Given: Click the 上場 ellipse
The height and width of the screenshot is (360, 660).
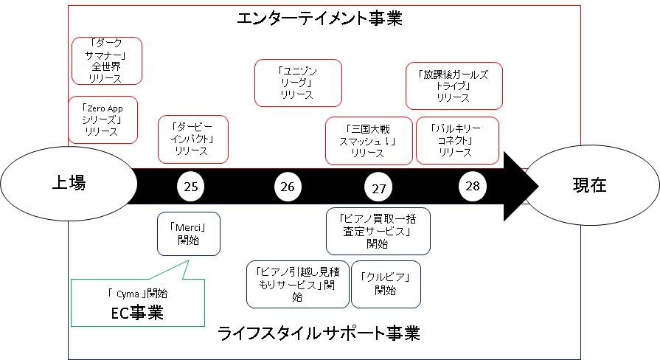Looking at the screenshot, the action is tap(69, 183).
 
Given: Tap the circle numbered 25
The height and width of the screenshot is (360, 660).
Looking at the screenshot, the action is tap(191, 187).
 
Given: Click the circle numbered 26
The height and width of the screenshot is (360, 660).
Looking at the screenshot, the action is tap(288, 187).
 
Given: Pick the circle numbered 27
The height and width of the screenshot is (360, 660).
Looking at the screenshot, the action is tap(378, 188).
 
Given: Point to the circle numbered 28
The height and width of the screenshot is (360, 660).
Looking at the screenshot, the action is tap(472, 186).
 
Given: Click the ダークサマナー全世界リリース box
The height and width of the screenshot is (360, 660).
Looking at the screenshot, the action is tap(107, 61).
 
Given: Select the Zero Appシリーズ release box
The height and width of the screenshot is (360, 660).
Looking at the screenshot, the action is tap(103, 120).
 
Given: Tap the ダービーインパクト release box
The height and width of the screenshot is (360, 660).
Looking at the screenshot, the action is tap(193, 139).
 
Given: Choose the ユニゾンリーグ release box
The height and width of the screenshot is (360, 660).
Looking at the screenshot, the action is tap(298, 83).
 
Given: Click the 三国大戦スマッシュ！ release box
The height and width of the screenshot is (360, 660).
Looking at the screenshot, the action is tap(369, 141).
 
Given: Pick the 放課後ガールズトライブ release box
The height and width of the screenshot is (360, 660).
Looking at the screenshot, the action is tap(454, 86).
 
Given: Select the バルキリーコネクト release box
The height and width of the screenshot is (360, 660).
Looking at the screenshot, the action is tap(457, 141).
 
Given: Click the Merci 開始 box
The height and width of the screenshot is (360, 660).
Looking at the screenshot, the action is tap(189, 234).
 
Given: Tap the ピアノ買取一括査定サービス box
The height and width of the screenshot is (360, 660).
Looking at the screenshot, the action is tap(378, 231).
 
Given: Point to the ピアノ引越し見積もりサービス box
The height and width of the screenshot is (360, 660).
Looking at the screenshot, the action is tap(298, 285).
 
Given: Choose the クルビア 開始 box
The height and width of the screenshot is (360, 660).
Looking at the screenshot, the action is tap(386, 284).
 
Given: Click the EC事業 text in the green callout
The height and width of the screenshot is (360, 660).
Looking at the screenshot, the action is tap(137, 313).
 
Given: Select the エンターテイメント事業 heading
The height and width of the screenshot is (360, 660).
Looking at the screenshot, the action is tap(319, 18).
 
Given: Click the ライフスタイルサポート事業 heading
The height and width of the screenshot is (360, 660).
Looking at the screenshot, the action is tap(319, 333).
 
